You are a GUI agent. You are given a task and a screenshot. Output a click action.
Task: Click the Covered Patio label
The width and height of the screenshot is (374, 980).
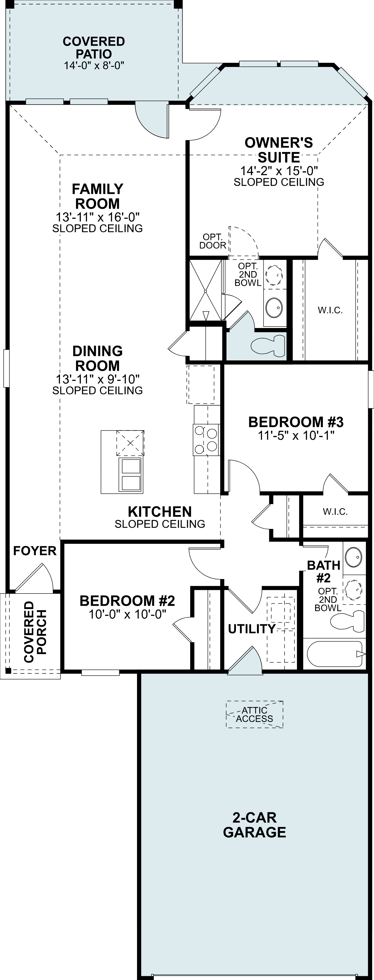click(94, 48)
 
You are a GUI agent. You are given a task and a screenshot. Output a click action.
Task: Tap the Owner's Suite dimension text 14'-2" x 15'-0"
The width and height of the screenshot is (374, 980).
click(279, 171)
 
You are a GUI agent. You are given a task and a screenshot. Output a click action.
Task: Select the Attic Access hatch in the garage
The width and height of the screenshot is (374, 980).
click(255, 714)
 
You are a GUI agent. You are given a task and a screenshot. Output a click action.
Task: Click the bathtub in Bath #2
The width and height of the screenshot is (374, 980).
click(335, 654)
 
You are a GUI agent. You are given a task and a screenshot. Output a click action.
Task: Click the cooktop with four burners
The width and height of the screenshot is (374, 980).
click(206, 440)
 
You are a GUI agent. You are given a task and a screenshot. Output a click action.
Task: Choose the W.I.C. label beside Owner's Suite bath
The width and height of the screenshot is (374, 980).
click(330, 310)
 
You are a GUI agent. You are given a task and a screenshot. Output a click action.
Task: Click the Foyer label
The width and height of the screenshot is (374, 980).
click(35, 551)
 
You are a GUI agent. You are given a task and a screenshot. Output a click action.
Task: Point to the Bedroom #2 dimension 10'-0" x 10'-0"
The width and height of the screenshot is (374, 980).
click(128, 614)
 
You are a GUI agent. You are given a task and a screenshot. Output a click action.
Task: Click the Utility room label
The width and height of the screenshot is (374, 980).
click(251, 629)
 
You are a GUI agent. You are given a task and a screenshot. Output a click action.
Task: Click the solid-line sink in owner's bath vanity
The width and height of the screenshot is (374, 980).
click(274, 307)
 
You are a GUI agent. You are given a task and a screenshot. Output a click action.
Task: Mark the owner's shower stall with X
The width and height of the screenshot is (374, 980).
click(205, 291)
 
